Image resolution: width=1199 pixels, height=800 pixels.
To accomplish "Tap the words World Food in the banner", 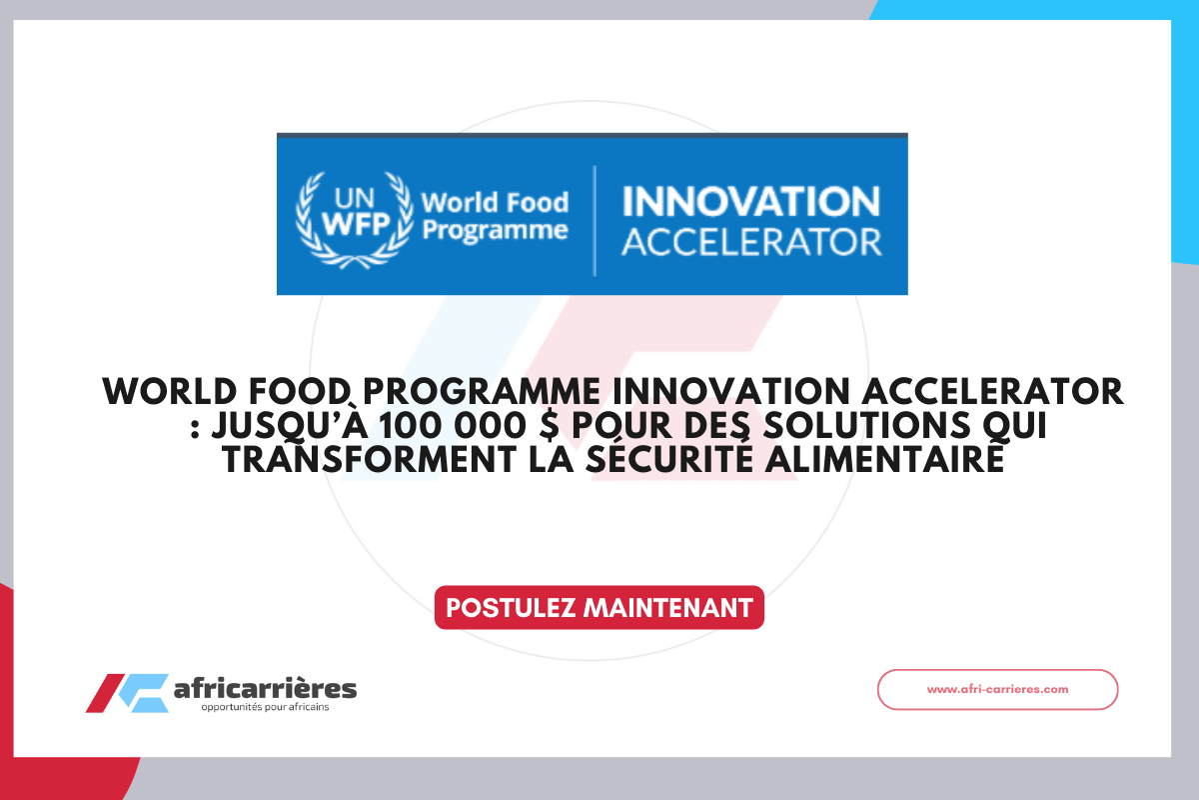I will tap(495, 203).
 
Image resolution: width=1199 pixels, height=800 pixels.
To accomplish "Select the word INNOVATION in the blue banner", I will tap(751, 202).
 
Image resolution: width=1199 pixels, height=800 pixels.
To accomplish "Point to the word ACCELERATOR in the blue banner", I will tap(751, 243).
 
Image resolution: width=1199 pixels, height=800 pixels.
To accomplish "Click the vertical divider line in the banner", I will tap(595, 220).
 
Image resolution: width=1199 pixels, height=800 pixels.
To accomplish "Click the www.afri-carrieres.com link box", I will tap(997, 689).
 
